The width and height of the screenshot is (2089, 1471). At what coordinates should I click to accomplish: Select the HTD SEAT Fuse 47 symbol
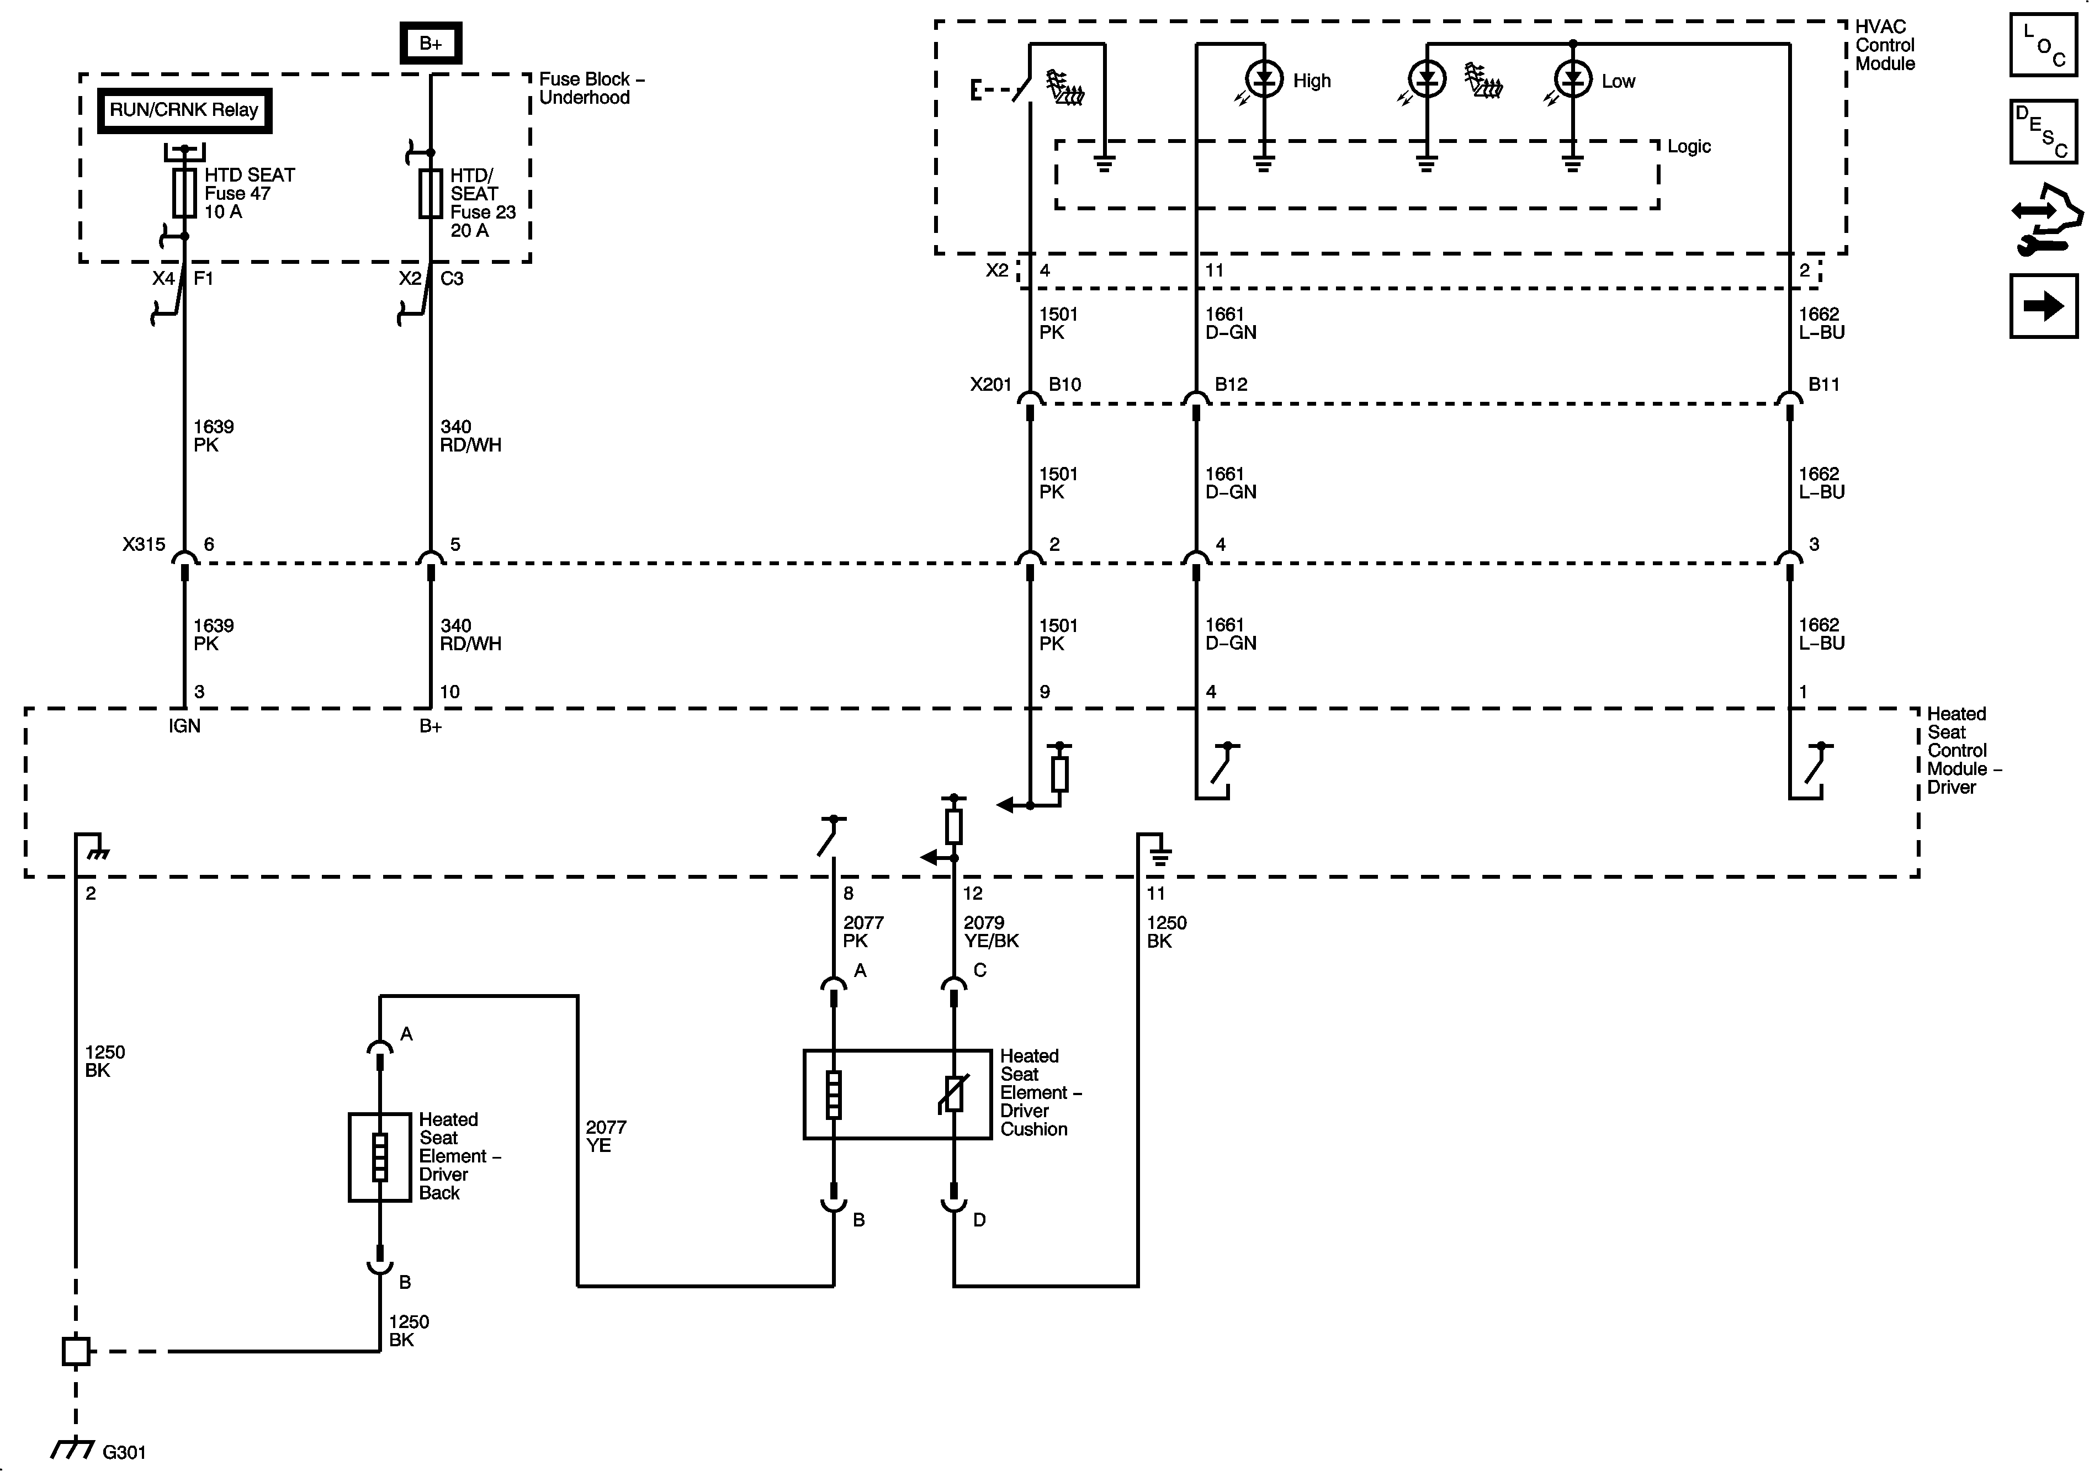pyautogui.click(x=185, y=193)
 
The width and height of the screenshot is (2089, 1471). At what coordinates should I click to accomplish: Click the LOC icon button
pyautogui.click(x=2044, y=45)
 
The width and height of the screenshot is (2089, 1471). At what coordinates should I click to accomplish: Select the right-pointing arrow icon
pyautogui.click(x=2044, y=306)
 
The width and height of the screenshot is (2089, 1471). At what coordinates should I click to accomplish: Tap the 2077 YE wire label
pyautogui.click(x=605, y=1136)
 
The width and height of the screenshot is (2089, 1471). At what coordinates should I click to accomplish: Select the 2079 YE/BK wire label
pyautogui.click(x=991, y=932)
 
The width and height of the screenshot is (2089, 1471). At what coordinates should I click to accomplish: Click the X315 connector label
pyautogui.click(x=144, y=544)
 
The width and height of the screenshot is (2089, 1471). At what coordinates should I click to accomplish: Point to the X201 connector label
pyautogui.click(x=990, y=384)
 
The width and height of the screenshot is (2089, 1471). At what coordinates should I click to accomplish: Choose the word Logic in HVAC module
pyautogui.click(x=1689, y=146)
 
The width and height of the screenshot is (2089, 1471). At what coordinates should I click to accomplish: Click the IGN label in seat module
pyautogui.click(x=185, y=726)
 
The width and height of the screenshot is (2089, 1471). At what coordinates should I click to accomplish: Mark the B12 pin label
pyautogui.click(x=1231, y=384)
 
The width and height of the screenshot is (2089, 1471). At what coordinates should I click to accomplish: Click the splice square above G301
pyautogui.click(x=76, y=1351)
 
